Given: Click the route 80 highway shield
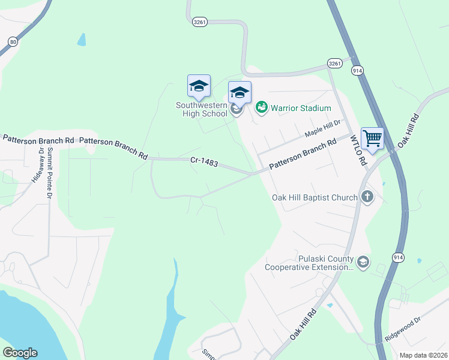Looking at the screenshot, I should click(x=13, y=41).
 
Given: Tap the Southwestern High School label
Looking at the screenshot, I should click(x=202, y=109).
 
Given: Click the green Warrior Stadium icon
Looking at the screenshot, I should click(x=262, y=108).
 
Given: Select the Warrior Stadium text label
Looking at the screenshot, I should click(x=301, y=109).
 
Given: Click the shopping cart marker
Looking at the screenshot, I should click(x=372, y=139).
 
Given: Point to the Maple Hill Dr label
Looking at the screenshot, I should click(x=322, y=127).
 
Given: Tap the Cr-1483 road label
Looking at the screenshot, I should click(x=204, y=162).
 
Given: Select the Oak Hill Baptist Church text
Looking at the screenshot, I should click(x=315, y=197).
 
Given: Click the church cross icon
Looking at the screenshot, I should click(x=367, y=197).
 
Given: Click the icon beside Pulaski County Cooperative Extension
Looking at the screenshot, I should click(x=363, y=262).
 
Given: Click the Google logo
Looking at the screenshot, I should click(x=20, y=353).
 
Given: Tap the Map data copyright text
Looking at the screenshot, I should click(x=424, y=355).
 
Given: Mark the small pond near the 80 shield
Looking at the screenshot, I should click(x=81, y=40).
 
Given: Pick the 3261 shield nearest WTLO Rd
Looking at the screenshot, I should click(x=335, y=63).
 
